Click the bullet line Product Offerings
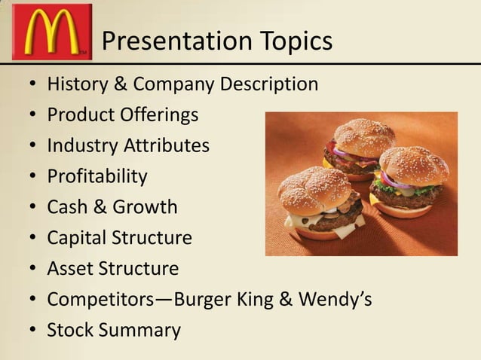click(123, 114)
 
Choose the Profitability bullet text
click(97, 176)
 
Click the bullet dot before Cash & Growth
click(32, 207)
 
